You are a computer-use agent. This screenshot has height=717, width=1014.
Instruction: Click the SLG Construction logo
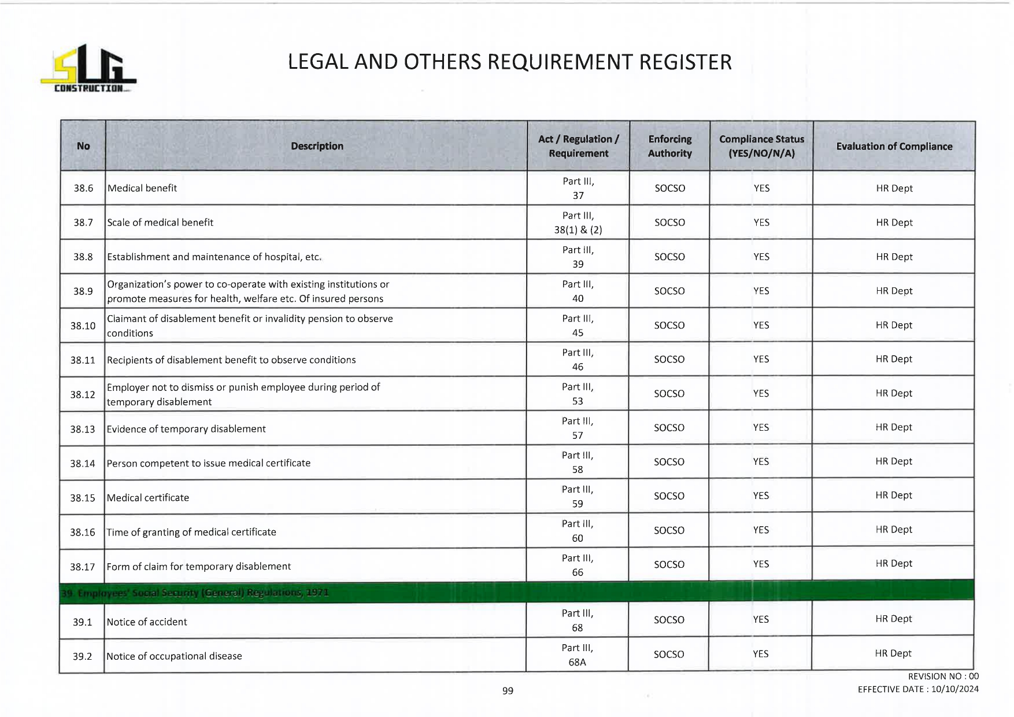[88, 69]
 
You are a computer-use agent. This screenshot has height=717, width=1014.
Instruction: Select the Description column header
[317, 146]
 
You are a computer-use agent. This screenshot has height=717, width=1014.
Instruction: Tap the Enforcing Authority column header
[669, 146]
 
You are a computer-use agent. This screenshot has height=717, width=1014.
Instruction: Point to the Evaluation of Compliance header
[894, 146]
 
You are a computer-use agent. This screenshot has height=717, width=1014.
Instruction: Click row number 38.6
[83, 188]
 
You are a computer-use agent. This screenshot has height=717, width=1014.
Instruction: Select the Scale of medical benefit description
[160, 223]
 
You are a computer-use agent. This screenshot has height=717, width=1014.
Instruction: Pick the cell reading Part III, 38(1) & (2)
[578, 223]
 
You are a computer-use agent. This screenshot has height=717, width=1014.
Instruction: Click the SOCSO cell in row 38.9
[669, 291]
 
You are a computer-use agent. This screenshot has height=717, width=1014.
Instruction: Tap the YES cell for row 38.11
[761, 359]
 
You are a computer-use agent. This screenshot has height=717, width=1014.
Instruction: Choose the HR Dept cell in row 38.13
[894, 427]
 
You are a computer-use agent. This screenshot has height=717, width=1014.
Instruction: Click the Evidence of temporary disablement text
[186, 429]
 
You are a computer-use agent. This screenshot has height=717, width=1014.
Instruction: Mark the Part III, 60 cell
[578, 531]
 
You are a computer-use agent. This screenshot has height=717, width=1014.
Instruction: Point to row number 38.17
[82, 567]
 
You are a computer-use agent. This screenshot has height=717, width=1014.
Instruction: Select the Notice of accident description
[147, 622]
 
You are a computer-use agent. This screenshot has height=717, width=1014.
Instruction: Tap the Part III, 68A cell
[577, 655]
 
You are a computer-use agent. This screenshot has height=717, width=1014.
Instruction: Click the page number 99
[508, 690]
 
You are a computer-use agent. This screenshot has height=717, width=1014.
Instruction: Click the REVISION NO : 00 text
[943, 676]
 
